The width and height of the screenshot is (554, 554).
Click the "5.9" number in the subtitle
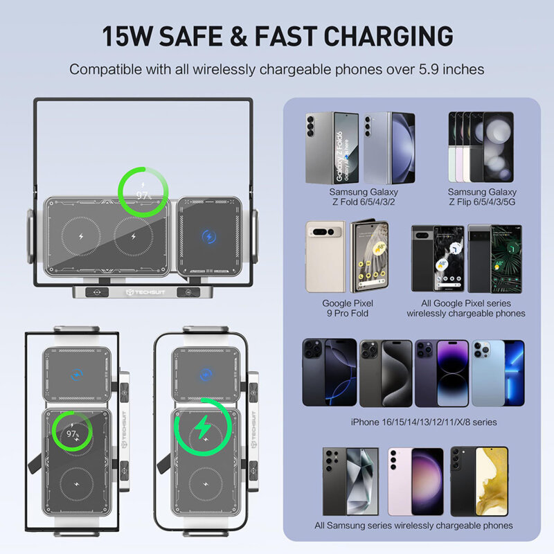coord(424,69)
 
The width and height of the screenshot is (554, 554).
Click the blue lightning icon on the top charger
coord(208,237)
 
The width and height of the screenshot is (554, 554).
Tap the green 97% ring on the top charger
coord(144,194)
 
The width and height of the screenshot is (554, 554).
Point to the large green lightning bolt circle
coord(202,429)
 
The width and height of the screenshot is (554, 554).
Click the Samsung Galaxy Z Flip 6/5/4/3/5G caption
coord(481,197)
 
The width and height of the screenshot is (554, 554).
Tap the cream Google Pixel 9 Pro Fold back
coord(325,257)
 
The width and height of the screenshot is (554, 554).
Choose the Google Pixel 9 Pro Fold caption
coord(348,308)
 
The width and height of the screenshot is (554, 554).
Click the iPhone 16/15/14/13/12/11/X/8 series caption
coord(413,422)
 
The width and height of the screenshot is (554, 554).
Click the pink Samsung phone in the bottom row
coord(414,481)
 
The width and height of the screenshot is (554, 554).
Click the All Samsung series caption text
coord(413,526)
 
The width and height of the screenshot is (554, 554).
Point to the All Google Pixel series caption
coord(466,308)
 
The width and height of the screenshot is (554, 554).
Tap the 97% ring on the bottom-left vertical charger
coord(72,433)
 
